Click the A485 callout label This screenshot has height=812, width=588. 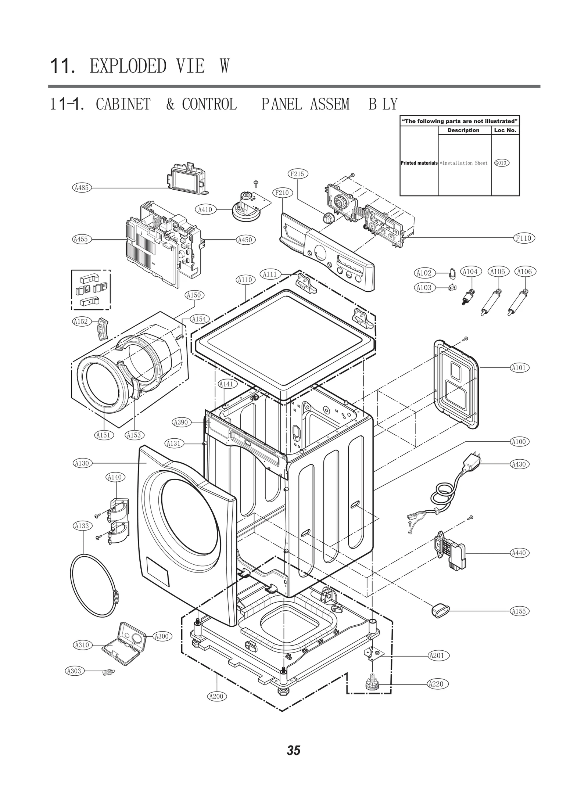[x=81, y=188]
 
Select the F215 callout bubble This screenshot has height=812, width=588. [x=297, y=174]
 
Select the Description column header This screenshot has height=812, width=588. [x=463, y=130]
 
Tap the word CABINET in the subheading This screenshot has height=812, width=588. [x=123, y=104]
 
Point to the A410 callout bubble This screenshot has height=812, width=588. [x=205, y=209]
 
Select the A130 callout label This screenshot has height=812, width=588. [x=82, y=463]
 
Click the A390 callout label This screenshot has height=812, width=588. [x=180, y=422]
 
